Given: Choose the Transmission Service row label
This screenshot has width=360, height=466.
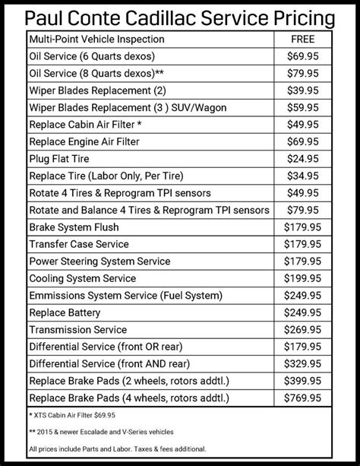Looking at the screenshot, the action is tap(77, 329).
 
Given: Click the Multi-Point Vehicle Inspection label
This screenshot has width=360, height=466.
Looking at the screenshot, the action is tap(98, 38).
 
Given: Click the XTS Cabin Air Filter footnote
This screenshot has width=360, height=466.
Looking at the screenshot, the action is tap(73, 416).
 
